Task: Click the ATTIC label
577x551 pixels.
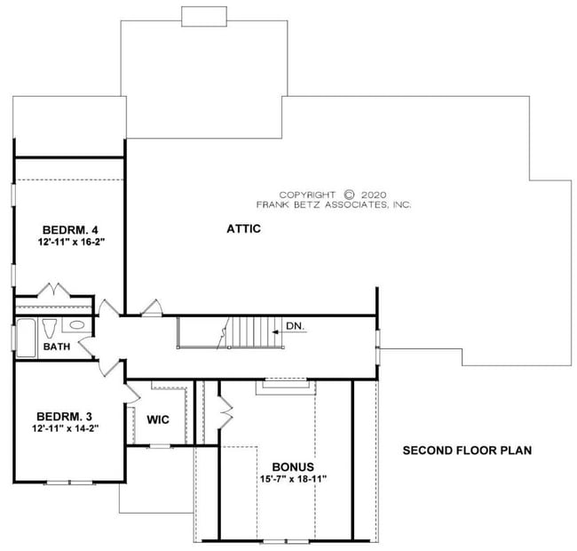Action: pos(243,228)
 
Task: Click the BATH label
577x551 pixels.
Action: pos(57,347)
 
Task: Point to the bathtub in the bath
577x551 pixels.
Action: pos(25,337)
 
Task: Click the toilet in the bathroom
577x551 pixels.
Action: pos(50,326)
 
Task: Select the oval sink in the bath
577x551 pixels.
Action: pos(78,325)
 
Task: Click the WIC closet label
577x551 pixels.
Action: pos(159,419)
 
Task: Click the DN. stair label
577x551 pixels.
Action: pos(296,326)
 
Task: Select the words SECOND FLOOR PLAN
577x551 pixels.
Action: pos(467,451)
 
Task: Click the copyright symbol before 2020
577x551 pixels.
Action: pos(349,194)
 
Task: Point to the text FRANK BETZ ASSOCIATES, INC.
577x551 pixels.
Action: pos(334,204)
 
